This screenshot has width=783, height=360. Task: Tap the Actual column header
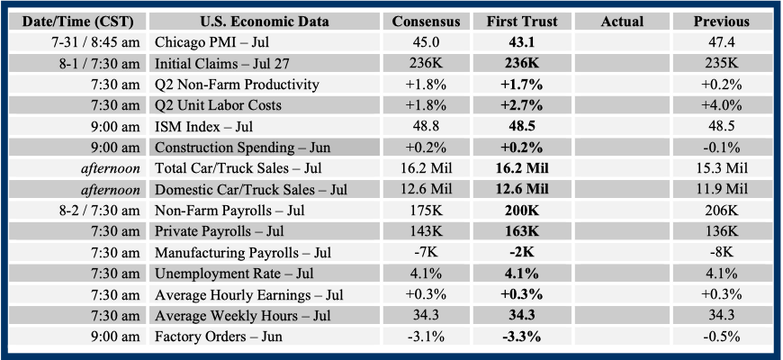point(622,21)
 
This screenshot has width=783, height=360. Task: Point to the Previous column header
point(721,21)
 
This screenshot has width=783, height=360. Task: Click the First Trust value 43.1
point(524,42)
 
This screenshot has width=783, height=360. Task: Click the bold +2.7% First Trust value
point(524,105)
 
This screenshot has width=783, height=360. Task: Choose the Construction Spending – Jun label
point(238,148)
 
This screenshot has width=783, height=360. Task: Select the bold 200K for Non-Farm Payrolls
point(524,211)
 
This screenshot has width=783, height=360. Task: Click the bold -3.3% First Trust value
point(524,337)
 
